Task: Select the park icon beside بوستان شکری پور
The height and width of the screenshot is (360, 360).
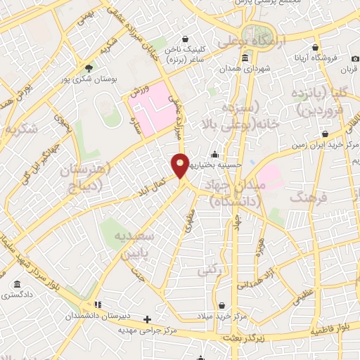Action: tap(88, 68)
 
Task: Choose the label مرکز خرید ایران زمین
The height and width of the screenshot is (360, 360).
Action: tap(326, 145)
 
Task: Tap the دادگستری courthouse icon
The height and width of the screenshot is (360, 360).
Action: tap(17, 285)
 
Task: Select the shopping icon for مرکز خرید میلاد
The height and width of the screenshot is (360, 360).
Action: tap(222, 306)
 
